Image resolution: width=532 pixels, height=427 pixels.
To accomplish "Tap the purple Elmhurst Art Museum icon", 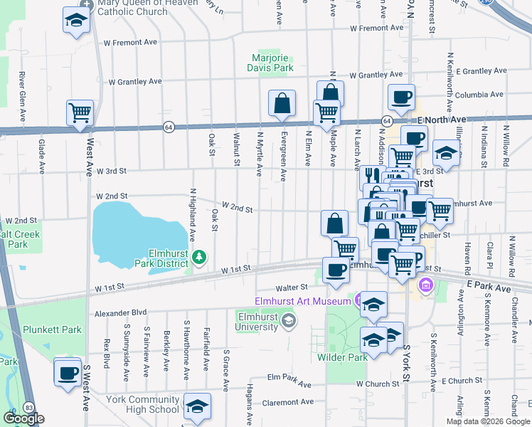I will (359, 300).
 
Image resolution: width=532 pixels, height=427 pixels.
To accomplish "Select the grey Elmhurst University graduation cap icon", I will (287, 322).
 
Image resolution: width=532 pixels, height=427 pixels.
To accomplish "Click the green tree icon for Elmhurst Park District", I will (200, 256).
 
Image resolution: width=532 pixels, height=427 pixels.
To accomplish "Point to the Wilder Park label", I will (342, 357).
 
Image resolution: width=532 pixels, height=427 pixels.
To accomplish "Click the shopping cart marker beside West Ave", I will (80, 113).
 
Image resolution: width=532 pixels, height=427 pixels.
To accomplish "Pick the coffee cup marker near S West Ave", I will (68, 372).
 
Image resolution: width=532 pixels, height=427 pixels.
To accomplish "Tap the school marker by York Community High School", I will (198, 406).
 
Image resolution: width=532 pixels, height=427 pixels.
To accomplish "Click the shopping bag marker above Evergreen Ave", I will (282, 103).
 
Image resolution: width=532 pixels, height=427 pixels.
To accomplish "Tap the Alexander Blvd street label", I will (120, 312).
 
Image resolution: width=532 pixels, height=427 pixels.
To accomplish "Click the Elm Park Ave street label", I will (289, 379).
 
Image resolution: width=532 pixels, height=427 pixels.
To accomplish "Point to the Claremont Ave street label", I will (287, 402).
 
